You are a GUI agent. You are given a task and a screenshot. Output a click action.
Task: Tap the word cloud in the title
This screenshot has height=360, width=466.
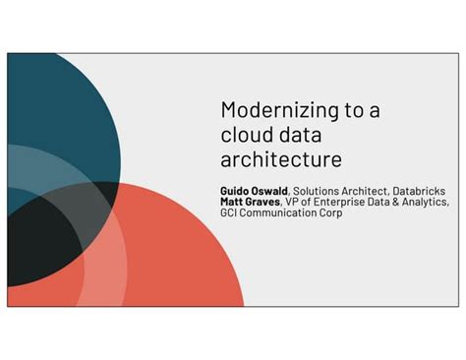(245, 134)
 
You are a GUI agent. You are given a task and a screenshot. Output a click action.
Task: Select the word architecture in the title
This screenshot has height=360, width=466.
(281, 157)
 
